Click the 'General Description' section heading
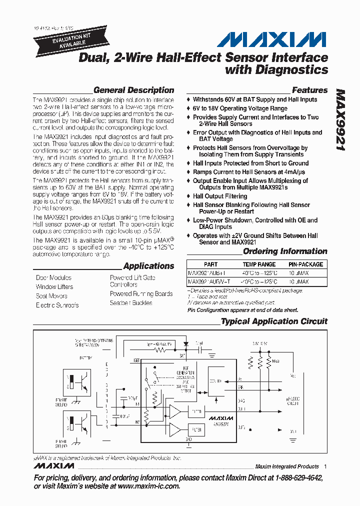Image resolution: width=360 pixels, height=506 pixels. (133, 90)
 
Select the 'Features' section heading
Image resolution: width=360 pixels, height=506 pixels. (309, 90)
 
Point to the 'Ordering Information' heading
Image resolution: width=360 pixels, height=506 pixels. (285, 251)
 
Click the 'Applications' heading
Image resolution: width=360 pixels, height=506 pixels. (148, 266)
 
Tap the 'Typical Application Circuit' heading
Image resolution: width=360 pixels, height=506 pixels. (274, 321)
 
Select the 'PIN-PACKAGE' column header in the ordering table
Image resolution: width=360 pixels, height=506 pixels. (305, 264)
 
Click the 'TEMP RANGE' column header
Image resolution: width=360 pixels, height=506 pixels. (259, 264)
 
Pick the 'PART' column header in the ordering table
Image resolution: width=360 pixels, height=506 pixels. (211, 264)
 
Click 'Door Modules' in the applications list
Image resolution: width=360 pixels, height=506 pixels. (53, 277)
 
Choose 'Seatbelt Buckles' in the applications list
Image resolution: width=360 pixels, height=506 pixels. (131, 303)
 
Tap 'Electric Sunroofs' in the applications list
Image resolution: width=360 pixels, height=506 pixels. (57, 305)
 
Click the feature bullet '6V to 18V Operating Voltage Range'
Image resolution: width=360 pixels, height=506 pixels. (240, 108)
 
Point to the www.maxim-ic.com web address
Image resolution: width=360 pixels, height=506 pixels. (148, 486)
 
